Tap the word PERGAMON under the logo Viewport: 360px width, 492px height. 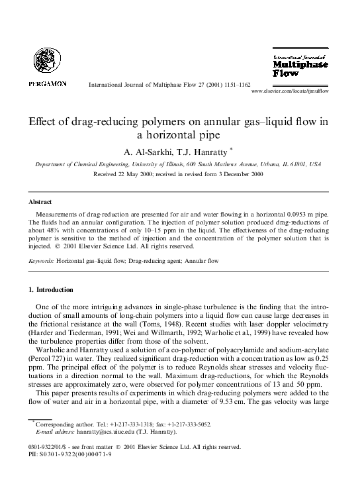47,85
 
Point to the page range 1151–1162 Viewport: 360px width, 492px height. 233,85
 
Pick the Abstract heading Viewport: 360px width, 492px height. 42,201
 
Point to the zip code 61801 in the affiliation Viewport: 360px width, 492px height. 302,164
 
